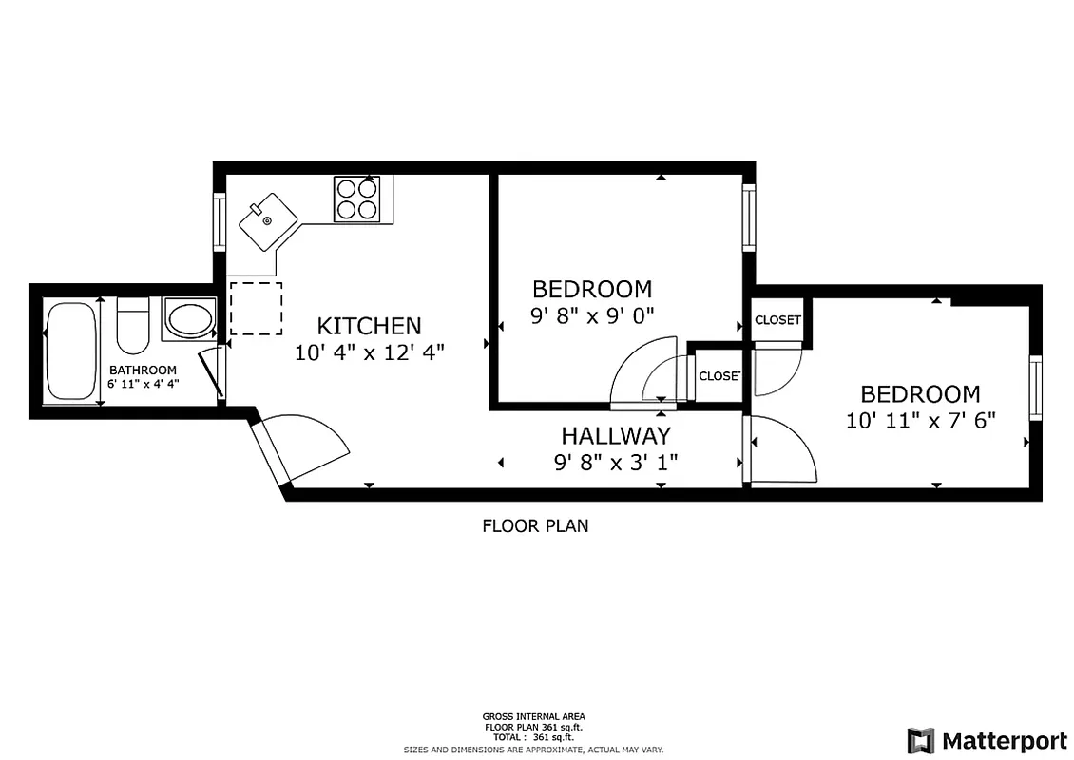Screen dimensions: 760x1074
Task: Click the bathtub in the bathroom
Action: (71, 351)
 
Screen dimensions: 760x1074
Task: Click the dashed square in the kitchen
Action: (256, 308)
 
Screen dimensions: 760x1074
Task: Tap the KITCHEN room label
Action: (369, 326)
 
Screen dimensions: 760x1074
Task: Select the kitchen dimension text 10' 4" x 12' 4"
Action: (369, 351)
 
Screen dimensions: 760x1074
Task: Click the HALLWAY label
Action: (615, 436)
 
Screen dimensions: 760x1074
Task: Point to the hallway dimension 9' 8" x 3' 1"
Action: (615, 463)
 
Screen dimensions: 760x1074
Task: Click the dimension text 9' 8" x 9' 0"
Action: (592, 314)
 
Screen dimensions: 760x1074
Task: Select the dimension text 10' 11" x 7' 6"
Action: (920, 420)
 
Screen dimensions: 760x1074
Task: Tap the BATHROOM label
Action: (143, 370)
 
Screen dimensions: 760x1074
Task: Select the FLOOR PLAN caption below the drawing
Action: (535, 525)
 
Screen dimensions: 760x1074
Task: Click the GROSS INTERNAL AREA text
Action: (533, 716)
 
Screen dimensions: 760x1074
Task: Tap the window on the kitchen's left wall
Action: (220, 222)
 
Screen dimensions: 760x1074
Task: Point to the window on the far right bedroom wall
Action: (1035, 388)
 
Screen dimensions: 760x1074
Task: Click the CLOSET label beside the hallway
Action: (719, 376)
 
